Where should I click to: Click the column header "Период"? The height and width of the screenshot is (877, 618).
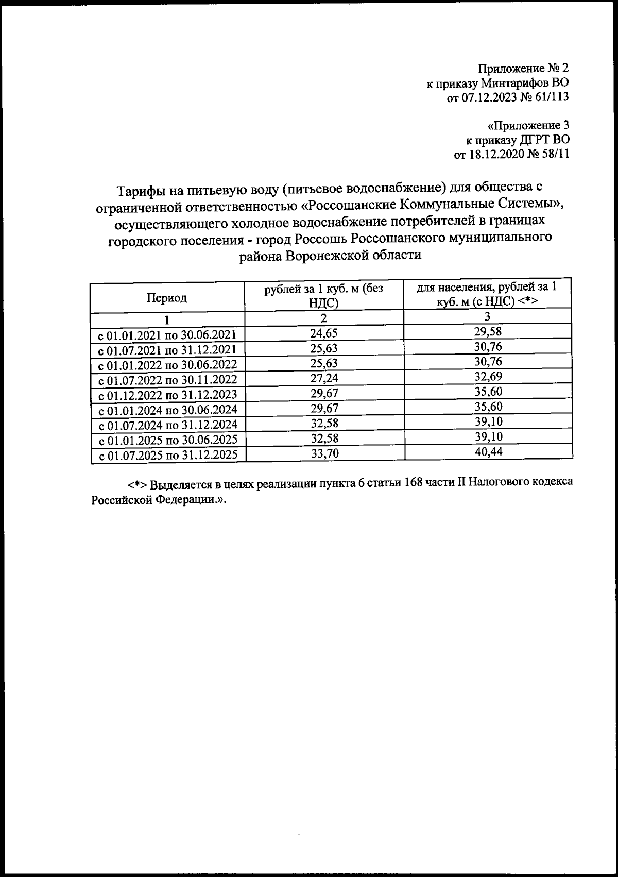point(167,297)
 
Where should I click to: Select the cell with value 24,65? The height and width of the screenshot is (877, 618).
point(324,333)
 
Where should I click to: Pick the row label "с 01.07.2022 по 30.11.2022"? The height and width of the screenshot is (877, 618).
point(168,380)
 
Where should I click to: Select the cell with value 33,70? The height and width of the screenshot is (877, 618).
point(324,453)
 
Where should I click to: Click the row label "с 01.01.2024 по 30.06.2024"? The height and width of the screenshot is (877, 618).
point(168,410)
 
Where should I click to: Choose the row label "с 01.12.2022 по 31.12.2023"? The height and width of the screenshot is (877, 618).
point(168,395)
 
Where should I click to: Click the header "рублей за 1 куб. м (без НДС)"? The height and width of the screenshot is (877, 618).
point(324,296)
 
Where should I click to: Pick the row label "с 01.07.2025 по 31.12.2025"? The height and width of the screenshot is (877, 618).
point(168,455)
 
